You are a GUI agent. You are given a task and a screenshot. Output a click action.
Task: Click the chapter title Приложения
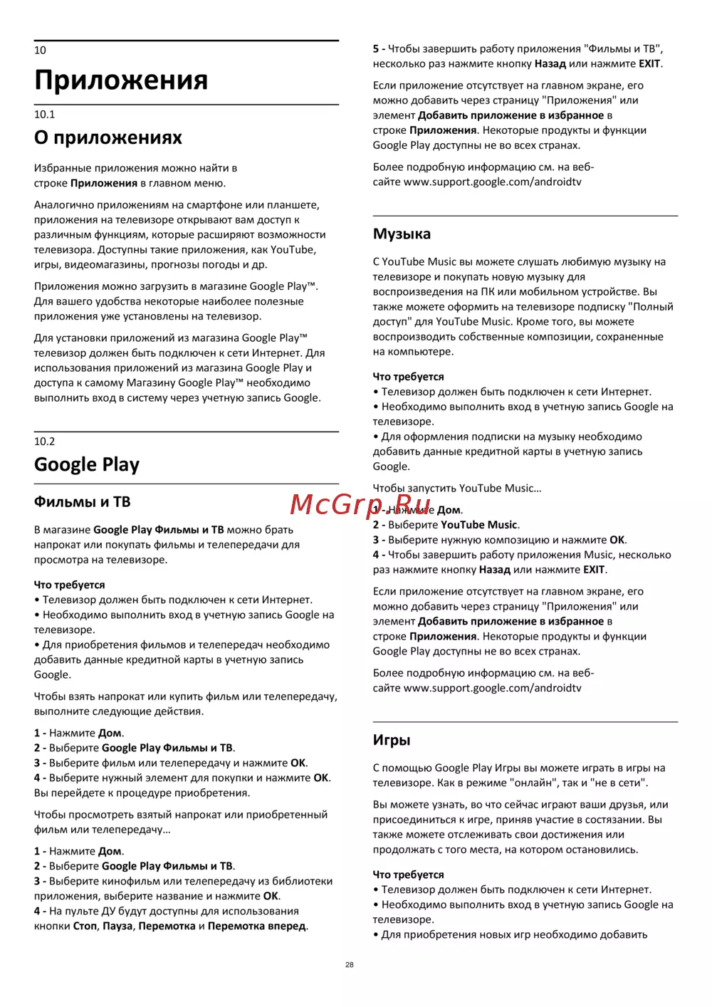121,80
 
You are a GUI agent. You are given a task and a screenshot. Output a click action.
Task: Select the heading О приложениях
108,137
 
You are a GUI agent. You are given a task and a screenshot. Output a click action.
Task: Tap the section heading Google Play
87,464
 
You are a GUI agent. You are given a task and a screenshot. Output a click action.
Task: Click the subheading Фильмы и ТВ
82,502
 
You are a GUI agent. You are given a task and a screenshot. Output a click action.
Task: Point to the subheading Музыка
402,234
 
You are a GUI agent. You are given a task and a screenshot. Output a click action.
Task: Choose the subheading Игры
392,740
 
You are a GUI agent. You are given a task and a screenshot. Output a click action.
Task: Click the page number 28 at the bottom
349,965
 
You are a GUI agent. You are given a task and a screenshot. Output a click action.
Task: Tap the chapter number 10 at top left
40,51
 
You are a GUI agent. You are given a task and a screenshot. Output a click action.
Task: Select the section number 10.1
44,115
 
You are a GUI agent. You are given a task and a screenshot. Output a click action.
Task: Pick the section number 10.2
44,442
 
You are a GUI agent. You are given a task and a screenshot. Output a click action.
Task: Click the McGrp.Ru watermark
360,504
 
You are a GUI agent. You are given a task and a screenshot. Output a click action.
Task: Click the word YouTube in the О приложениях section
292,250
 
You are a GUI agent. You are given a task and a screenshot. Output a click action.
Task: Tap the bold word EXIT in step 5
649,64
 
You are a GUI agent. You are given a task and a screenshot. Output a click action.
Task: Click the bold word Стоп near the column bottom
85,927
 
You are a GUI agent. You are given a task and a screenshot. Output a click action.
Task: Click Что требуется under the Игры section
408,875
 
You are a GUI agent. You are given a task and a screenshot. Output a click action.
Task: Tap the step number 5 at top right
376,49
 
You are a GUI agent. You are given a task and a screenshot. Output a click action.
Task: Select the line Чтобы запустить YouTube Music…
457,489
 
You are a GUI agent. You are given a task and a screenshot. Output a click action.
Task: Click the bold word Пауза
117,927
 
